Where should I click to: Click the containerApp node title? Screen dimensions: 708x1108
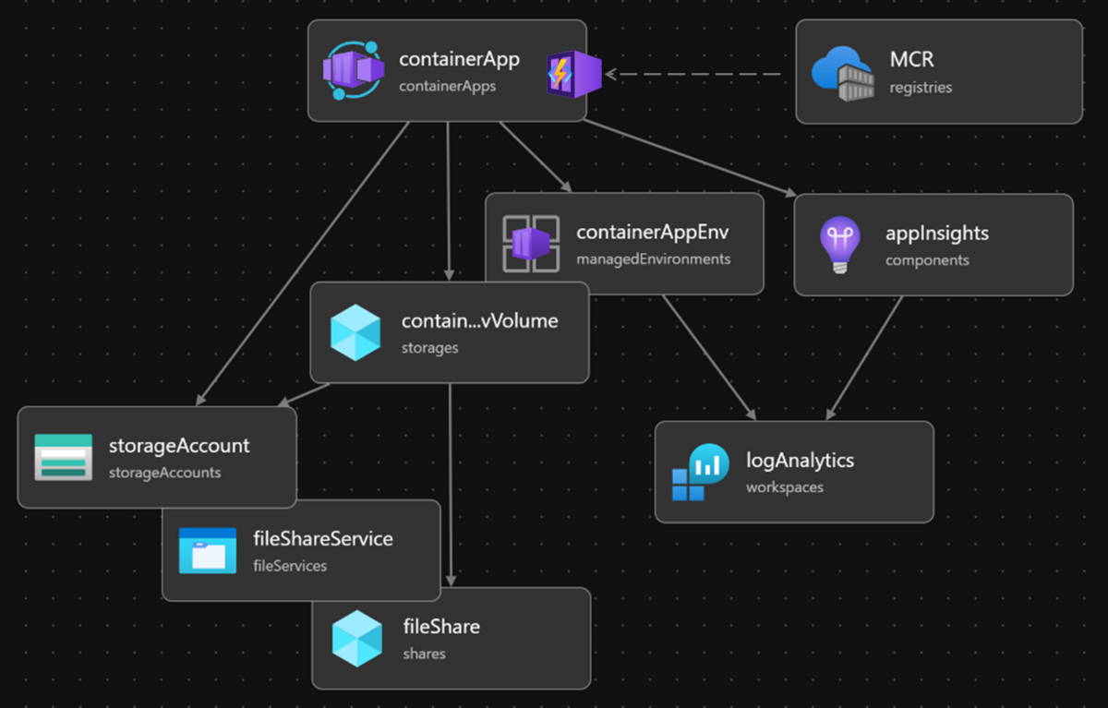(x=459, y=60)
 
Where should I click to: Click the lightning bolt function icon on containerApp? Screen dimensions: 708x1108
(x=572, y=74)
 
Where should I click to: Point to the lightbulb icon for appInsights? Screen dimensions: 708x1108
(x=839, y=244)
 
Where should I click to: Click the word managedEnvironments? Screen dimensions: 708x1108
(x=653, y=259)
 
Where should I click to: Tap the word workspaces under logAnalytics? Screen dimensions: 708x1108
(x=784, y=486)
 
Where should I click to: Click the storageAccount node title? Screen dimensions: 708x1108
(x=179, y=446)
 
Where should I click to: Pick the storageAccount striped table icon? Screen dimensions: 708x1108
(x=63, y=457)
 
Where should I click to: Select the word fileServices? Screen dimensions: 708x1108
(x=290, y=566)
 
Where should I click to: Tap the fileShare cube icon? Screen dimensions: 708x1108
(x=356, y=638)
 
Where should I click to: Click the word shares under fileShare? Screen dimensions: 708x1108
(x=424, y=654)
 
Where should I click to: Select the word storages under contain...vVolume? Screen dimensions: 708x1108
(x=429, y=349)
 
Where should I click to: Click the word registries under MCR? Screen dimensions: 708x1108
(x=921, y=88)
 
